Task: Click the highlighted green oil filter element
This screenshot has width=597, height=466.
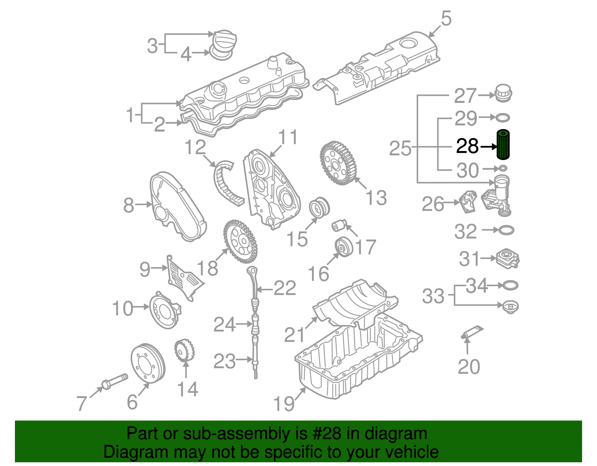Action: (503, 145)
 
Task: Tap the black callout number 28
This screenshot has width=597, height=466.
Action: (467, 146)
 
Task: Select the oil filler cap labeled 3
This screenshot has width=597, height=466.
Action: (224, 39)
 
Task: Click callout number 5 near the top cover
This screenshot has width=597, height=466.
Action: (446, 18)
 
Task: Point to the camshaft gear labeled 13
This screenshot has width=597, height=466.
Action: (338, 163)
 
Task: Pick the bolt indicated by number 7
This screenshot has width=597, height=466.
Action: (114, 381)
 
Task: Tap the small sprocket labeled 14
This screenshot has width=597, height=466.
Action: (184, 350)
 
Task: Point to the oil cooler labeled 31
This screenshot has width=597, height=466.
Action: (508, 258)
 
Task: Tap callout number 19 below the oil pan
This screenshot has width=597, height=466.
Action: (284, 404)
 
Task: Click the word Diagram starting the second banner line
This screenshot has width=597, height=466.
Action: (125, 452)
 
